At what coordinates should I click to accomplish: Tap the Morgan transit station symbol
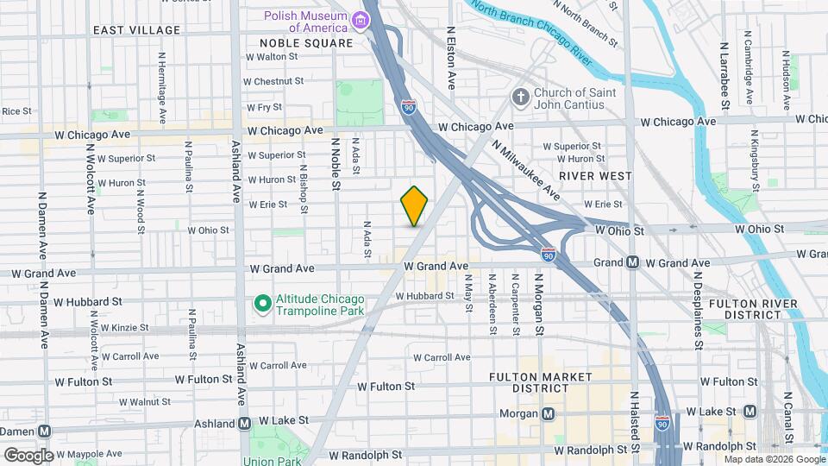(x=547, y=414)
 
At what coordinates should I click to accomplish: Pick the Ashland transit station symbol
(x=245, y=424)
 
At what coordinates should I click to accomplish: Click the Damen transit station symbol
(x=44, y=431)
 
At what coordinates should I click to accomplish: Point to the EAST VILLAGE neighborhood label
(x=137, y=30)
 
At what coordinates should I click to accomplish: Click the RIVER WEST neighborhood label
(x=595, y=176)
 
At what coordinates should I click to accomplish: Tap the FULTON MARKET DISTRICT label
(x=540, y=382)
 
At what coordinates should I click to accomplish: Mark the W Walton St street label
(x=272, y=57)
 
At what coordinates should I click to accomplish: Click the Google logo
(x=28, y=455)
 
